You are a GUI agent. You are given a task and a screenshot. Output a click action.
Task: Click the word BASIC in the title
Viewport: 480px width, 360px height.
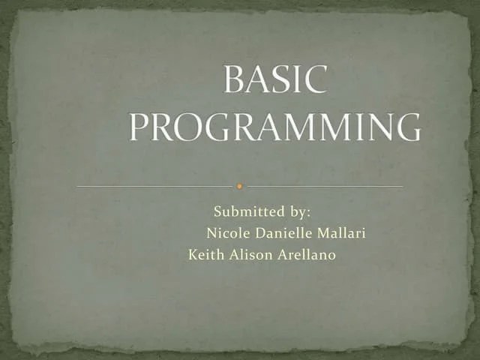click(275, 81)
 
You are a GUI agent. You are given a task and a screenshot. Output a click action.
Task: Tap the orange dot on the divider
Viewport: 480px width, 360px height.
click(239, 185)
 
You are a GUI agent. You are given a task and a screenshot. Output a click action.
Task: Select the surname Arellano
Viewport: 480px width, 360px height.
click(307, 255)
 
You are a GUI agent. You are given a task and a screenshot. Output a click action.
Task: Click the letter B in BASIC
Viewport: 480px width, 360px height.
click(235, 81)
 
